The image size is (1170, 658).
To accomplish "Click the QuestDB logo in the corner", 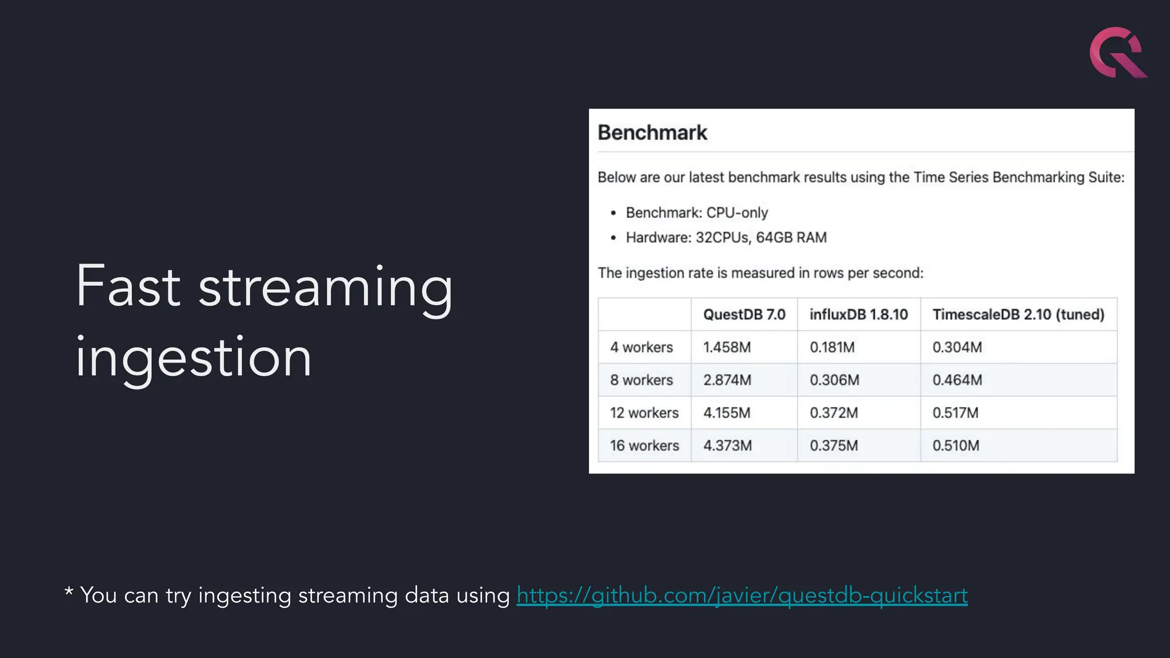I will [1117, 53].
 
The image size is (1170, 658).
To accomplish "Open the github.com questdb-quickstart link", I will [742, 595].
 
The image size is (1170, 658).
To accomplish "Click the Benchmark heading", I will [652, 133].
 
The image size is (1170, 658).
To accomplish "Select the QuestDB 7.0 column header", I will [744, 314].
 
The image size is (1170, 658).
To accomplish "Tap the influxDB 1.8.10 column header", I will [858, 314].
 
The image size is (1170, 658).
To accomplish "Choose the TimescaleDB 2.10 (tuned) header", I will [1018, 314].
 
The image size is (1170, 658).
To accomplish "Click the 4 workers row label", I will [641, 347].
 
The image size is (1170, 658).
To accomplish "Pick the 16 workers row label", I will [644, 446].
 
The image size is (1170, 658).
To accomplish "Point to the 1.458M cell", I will [727, 347].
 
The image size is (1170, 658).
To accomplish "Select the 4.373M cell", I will [727, 446].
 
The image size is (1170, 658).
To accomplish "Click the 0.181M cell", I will [832, 347].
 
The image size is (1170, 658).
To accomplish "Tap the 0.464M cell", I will [957, 380].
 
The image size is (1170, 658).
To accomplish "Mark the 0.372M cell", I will [834, 413].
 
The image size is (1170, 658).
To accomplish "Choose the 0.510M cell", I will [956, 446].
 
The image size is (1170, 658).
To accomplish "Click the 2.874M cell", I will [727, 380].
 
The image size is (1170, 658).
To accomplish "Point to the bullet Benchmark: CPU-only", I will [696, 213].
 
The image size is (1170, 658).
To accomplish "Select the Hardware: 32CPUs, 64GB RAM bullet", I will [726, 238].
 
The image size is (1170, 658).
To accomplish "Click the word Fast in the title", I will [128, 287].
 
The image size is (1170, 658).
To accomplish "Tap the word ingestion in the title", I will [193, 358].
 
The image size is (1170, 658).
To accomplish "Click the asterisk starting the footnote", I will [69, 592].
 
